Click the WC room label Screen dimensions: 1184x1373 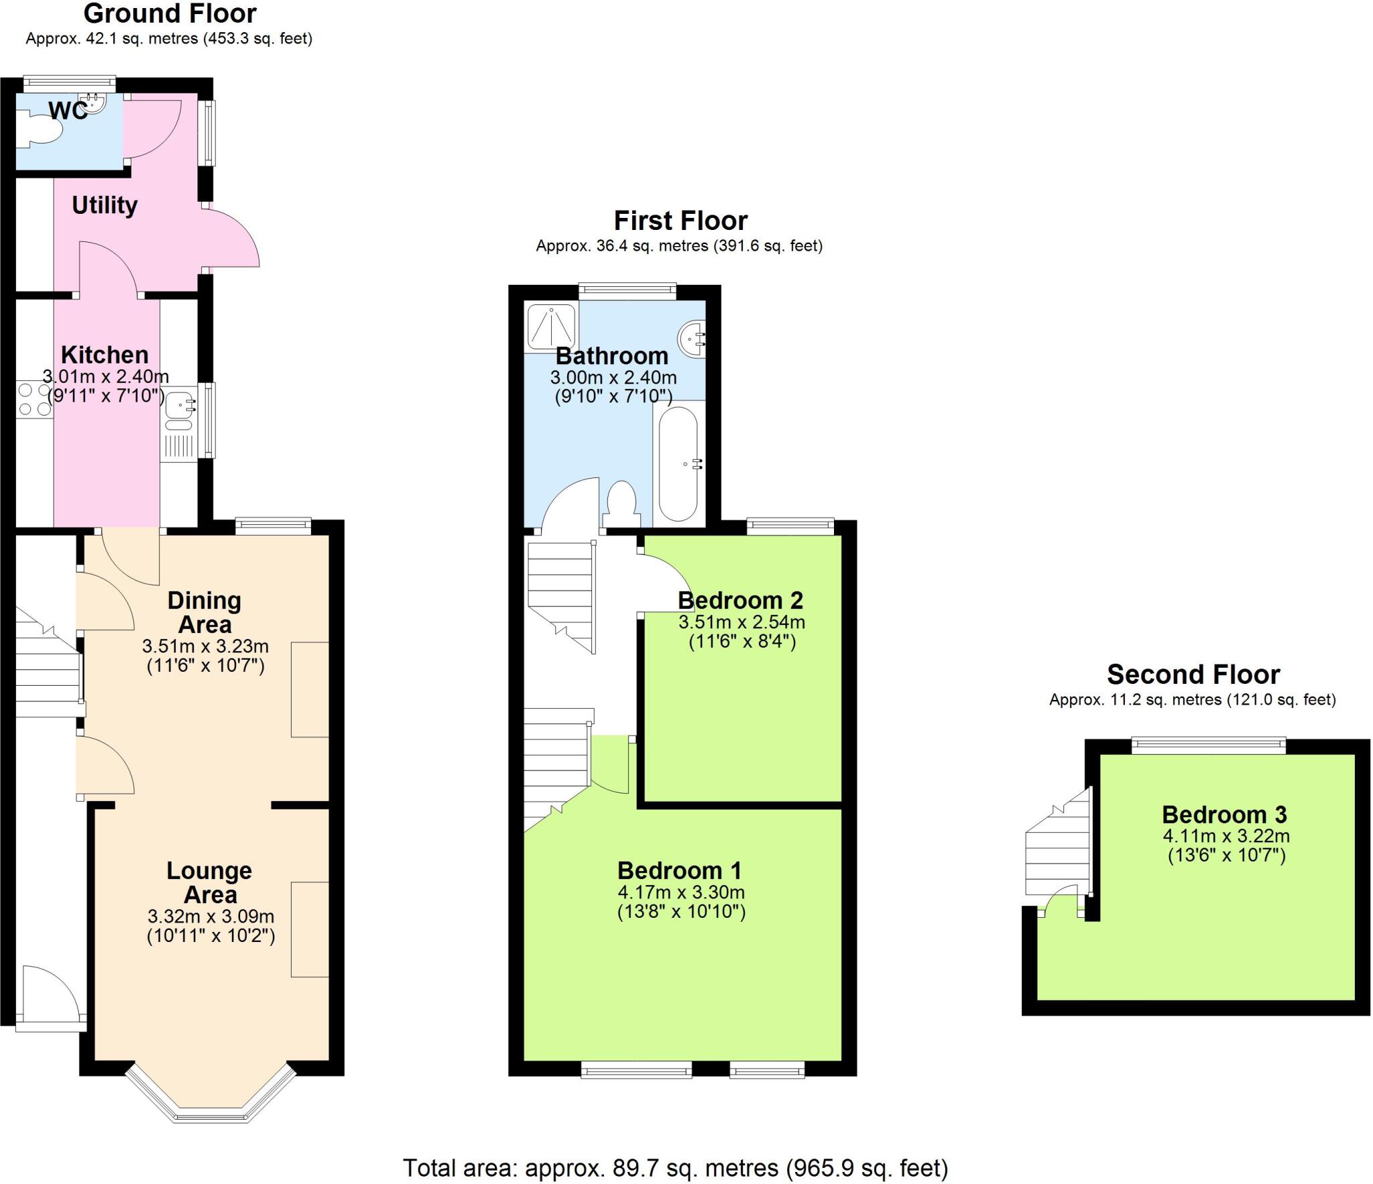pyautogui.click(x=68, y=111)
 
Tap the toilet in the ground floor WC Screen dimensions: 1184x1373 pyautogui.click(x=40, y=130)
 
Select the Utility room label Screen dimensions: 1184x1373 pyautogui.click(x=105, y=205)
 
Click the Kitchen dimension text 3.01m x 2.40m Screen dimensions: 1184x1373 pyautogui.click(x=105, y=377)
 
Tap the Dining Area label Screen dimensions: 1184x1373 pyautogui.click(x=204, y=612)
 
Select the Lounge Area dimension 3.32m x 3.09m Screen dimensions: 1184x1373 pyautogui.click(x=211, y=916)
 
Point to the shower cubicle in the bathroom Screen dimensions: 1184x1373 pyautogui.click(x=551, y=328)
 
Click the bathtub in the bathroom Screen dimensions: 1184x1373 pyautogui.click(x=678, y=463)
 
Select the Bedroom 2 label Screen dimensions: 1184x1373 pyautogui.click(x=740, y=600)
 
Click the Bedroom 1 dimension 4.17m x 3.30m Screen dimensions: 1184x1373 pyautogui.click(x=681, y=892)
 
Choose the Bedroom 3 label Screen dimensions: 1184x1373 pyautogui.click(x=1224, y=815)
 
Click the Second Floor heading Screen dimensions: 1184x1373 pyautogui.click(x=1193, y=674)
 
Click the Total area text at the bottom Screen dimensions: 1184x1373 pyautogui.click(x=675, y=1168)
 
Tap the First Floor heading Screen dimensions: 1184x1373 pyautogui.click(x=680, y=221)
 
